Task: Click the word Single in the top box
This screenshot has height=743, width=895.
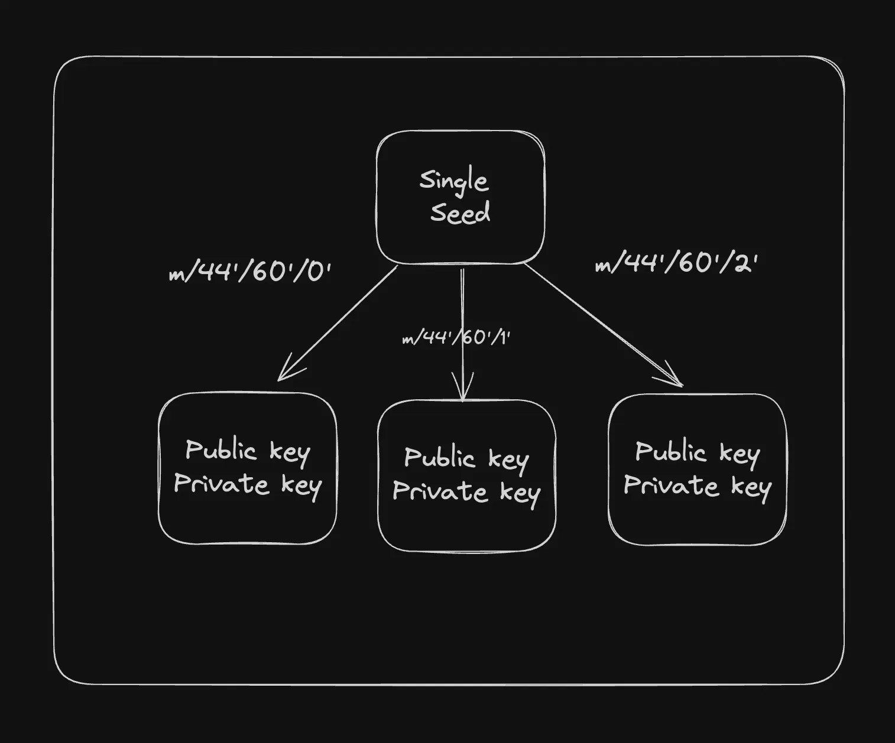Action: (x=453, y=181)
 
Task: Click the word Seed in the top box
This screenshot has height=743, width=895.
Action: (x=460, y=213)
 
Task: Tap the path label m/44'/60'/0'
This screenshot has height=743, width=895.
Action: (x=249, y=272)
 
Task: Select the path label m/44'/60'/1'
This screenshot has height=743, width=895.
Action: (x=456, y=338)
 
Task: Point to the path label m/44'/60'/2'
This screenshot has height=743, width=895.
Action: (x=676, y=263)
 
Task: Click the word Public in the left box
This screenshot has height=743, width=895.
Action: (x=220, y=450)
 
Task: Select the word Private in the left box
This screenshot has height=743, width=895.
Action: (x=221, y=484)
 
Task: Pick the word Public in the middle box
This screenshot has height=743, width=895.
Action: (x=439, y=458)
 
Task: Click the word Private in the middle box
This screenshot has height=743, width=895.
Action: (x=440, y=491)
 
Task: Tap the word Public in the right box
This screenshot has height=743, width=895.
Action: (x=670, y=452)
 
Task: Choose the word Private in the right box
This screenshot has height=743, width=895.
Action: (x=671, y=485)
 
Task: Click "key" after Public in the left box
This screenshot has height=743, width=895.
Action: (x=290, y=453)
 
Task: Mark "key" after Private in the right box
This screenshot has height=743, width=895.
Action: (x=751, y=488)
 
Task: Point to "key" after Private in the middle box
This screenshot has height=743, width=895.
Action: (x=520, y=494)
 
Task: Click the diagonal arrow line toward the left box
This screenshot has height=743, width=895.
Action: (x=343, y=319)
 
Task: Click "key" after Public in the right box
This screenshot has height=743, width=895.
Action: (x=740, y=454)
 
